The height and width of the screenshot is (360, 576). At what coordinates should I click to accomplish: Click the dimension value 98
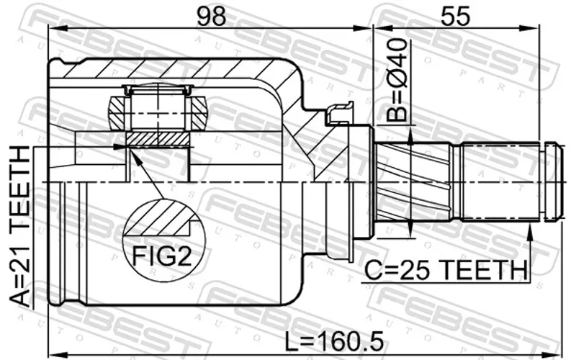click(x=211, y=16)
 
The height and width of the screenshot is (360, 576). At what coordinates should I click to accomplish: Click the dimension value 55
click(x=455, y=16)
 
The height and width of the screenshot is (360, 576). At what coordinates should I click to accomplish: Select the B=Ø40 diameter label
click(x=398, y=80)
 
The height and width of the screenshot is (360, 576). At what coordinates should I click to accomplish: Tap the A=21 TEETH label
click(x=19, y=226)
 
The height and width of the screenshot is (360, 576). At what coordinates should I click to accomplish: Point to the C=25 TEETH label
click(x=445, y=269)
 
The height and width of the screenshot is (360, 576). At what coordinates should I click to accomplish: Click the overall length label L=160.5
click(x=334, y=341)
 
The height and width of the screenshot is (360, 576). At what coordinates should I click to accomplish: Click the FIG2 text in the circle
click(x=162, y=256)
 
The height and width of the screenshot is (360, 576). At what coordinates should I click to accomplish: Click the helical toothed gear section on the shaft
click(x=413, y=182)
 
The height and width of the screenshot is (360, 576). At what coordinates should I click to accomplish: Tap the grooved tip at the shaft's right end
click(x=554, y=182)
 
